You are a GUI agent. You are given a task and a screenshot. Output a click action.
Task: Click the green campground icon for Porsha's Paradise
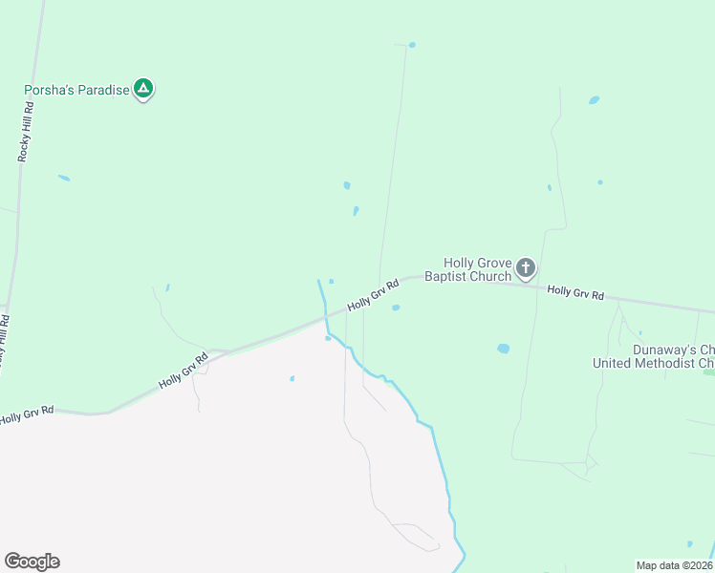143,89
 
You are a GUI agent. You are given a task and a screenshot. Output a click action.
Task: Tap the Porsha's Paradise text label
76,91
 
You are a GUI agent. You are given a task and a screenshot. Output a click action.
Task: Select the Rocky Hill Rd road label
27,133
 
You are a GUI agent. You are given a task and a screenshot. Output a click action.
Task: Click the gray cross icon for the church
526,267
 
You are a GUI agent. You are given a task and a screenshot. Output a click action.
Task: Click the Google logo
32,561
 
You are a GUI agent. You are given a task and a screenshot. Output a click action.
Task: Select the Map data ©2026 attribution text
674,565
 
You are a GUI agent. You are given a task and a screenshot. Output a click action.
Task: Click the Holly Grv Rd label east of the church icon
575,293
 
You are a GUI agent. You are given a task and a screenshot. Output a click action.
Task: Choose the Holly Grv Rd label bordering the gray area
184,371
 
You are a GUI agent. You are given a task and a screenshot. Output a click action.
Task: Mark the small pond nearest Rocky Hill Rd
64,178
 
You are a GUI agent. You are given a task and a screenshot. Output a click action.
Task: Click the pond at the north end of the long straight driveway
412,44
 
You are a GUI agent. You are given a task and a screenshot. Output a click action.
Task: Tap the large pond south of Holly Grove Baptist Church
503,349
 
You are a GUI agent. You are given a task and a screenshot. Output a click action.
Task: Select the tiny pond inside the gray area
292,378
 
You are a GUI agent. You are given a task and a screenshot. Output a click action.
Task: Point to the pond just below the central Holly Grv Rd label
395,308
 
